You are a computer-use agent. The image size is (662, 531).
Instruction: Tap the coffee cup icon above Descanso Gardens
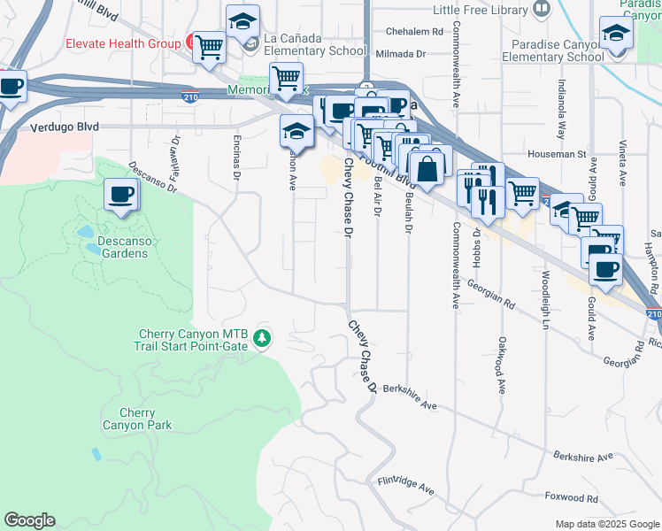click(x=120, y=195)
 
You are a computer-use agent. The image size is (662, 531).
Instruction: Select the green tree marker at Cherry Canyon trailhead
click(x=261, y=338)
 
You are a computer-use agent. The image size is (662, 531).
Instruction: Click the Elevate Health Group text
click(x=121, y=43)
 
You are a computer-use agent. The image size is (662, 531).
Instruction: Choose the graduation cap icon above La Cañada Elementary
click(x=242, y=20)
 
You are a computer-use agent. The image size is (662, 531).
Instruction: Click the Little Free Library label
click(x=481, y=10)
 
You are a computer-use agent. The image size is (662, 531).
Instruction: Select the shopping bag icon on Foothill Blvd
click(x=427, y=165)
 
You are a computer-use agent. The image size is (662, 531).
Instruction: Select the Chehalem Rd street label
click(x=412, y=31)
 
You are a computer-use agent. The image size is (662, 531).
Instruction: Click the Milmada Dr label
click(x=404, y=53)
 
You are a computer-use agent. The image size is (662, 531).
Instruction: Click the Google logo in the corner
click(x=29, y=520)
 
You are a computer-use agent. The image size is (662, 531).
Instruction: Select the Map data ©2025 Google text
click(x=606, y=524)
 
